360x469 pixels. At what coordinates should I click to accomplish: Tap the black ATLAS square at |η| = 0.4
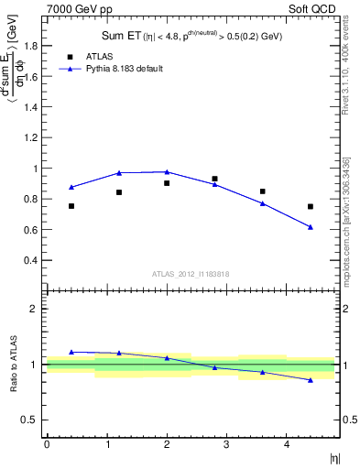(71, 206)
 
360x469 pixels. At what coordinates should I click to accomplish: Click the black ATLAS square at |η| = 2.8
(214, 179)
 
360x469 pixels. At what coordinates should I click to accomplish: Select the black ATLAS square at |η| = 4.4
(311, 206)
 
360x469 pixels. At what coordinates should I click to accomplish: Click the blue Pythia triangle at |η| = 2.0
(167, 171)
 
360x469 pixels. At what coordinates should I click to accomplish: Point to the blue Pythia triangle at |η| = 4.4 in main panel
(311, 226)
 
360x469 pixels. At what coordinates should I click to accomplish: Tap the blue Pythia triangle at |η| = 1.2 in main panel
(119, 172)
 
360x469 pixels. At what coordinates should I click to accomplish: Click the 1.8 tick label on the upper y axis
(30, 48)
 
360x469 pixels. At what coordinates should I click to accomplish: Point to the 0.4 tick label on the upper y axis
(30, 260)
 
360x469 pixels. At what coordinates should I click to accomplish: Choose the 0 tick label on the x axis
(47, 444)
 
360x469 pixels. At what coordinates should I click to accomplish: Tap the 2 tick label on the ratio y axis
(34, 309)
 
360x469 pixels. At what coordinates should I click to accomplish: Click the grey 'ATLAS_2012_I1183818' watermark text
(191, 274)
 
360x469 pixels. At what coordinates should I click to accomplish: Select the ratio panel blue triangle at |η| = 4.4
(311, 379)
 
